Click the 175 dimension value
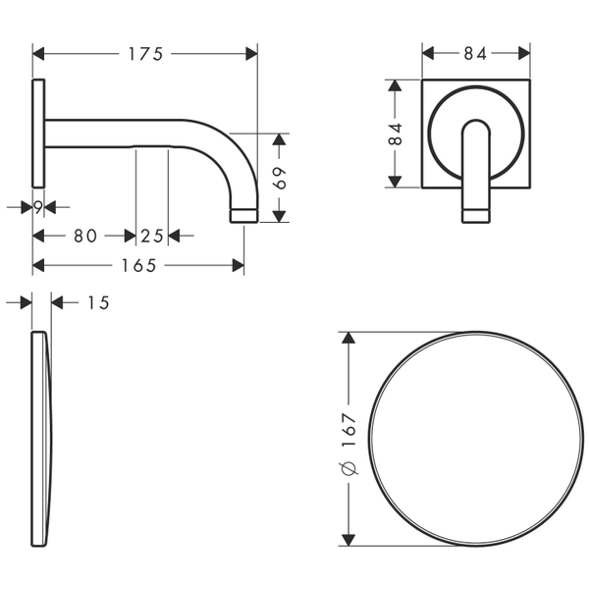(144, 54)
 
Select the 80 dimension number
(83, 236)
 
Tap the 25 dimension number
(152, 236)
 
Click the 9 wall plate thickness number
(37, 206)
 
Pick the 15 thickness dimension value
(97, 303)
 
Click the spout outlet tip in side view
(242, 214)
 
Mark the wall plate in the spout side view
(38, 132)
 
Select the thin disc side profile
(42, 438)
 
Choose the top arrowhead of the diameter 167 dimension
(348, 337)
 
